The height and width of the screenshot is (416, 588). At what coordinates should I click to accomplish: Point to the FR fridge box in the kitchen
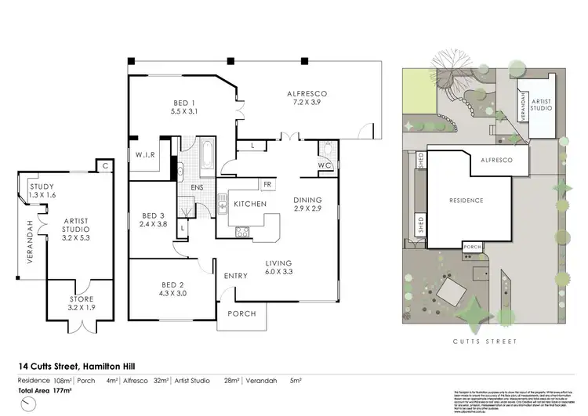(x=267, y=185)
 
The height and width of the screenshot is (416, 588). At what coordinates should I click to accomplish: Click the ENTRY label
(x=236, y=276)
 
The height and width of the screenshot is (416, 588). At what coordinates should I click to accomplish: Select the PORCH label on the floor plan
(x=241, y=313)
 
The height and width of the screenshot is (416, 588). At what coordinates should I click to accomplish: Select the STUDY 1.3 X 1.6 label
(x=42, y=190)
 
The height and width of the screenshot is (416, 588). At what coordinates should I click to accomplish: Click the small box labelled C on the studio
(x=103, y=165)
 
